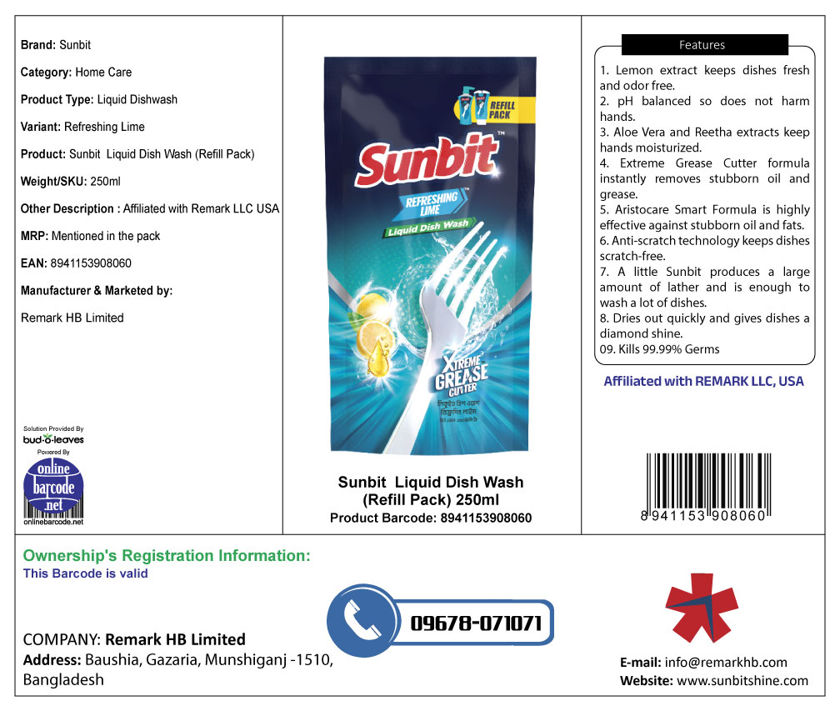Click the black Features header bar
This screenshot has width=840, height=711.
tap(704, 45)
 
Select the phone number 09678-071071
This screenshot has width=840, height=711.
tap(476, 623)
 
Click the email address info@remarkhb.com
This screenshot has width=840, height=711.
tap(726, 663)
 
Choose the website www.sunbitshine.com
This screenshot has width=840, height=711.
tap(742, 681)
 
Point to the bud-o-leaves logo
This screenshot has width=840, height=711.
tap(53, 438)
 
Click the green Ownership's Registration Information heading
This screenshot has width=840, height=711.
tap(167, 555)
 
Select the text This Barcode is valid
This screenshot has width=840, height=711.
tap(86, 573)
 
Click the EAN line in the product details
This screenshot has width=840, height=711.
tap(76, 263)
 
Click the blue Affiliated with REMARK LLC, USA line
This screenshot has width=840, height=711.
tap(703, 382)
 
